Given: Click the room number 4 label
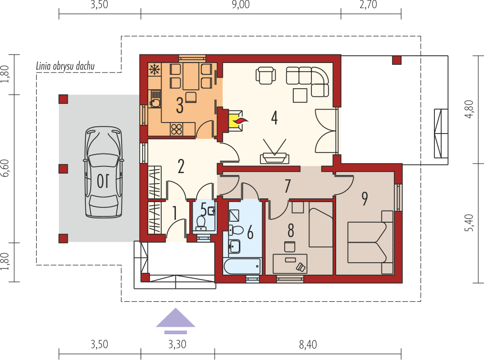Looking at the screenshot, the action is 274,118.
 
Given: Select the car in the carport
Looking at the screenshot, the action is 104,172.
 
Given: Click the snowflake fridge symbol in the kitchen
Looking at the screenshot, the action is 154,70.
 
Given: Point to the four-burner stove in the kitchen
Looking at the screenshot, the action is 176,129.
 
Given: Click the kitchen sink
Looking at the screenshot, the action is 155,99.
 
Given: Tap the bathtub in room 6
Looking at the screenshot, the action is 242,266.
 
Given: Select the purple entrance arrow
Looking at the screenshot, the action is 175,320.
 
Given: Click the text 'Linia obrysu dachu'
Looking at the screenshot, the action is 65,66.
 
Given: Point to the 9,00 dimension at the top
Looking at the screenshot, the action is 240,5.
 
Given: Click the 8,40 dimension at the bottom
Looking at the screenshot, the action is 308,344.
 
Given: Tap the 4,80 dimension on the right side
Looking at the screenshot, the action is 469,109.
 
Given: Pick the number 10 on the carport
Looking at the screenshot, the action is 103,181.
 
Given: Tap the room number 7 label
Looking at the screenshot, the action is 288,185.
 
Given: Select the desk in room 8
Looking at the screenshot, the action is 290,263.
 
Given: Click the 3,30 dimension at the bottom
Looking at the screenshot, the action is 177,344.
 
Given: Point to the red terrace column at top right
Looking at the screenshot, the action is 397,60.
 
